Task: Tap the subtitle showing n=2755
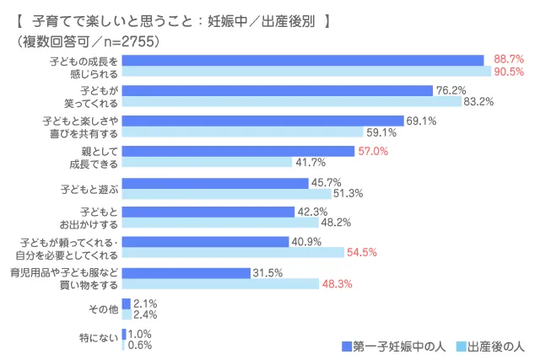(88, 40)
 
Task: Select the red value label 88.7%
(509, 60)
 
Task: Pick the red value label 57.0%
(374, 151)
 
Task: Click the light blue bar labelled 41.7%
(207, 163)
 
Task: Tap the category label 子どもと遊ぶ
(89, 187)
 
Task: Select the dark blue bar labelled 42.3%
(208, 212)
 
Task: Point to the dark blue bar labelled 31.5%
(186, 272)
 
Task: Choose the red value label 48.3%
(337, 283)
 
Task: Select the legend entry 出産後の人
(497, 346)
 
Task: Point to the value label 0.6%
(139, 345)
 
